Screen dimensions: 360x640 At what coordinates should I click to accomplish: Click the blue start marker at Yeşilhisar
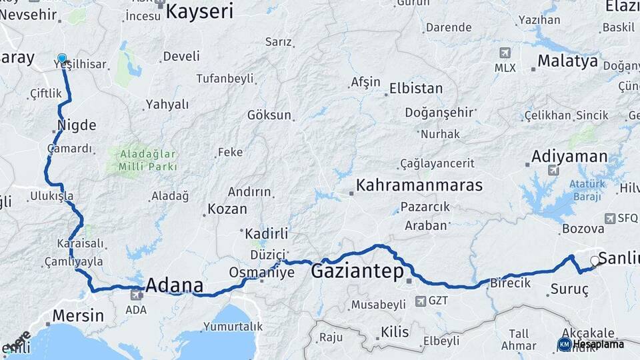coord(62,59)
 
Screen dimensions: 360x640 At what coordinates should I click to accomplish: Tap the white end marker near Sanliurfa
coord(595,261)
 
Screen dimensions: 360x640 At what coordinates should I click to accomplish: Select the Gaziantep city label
coord(358,271)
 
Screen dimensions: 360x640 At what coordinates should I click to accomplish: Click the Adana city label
coord(174,286)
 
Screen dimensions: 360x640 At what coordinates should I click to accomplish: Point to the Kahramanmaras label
coord(419,185)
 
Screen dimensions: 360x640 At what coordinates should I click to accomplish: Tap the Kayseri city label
coord(199,11)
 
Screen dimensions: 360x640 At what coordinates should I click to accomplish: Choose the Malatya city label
coord(568,61)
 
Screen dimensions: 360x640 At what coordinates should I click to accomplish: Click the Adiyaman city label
coord(570,157)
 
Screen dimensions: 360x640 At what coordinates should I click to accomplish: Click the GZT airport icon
coord(421,301)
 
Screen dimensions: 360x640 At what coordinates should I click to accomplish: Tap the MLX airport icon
coord(505,53)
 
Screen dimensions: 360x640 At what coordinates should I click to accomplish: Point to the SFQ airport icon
coord(611,218)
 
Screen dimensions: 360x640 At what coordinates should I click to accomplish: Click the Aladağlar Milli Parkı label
coord(148,160)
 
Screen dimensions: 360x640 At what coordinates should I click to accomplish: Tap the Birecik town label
coord(511,283)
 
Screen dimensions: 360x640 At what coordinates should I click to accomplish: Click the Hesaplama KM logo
coord(591,344)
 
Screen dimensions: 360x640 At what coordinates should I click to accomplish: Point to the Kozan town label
coord(227,209)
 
